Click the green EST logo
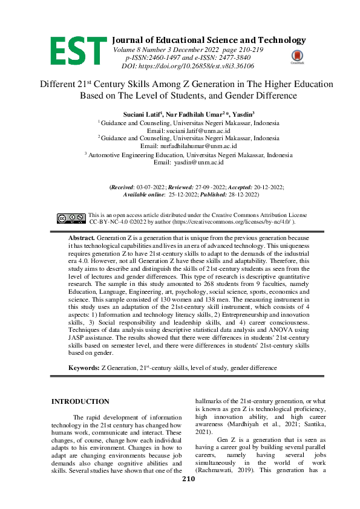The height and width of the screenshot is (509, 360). coord(79,50)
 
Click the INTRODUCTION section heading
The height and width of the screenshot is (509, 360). coord(80,401)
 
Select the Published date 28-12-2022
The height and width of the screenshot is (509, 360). coord(241,195)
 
